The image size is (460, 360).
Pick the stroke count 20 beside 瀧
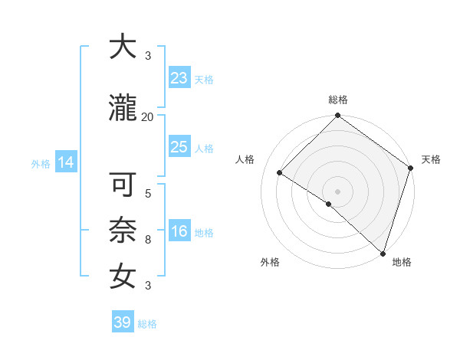pyautogui.click(x=148, y=117)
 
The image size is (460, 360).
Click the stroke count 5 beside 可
pyautogui.click(x=148, y=194)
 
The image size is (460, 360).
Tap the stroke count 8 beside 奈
pyautogui.click(x=148, y=240)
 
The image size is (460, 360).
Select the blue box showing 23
pyautogui.click(x=179, y=78)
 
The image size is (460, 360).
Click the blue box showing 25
pyautogui.click(x=179, y=147)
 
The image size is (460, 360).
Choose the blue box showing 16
pyautogui.click(x=179, y=232)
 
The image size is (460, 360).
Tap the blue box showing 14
pyautogui.click(x=65, y=162)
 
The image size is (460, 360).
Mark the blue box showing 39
pyautogui.click(x=122, y=322)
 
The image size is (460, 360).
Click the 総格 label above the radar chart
pyautogui.click(x=338, y=100)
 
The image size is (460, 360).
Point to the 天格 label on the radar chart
pyautogui.click(x=431, y=159)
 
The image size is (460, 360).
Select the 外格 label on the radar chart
pyautogui.click(x=270, y=262)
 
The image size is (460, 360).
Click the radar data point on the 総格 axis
pyautogui.click(x=337, y=116)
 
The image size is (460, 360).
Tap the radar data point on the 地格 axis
pyautogui.click(x=383, y=253)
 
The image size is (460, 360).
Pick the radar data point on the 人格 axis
pyautogui.click(x=280, y=173)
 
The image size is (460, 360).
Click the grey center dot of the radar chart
pyautogui.click(x=337, y=191)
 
